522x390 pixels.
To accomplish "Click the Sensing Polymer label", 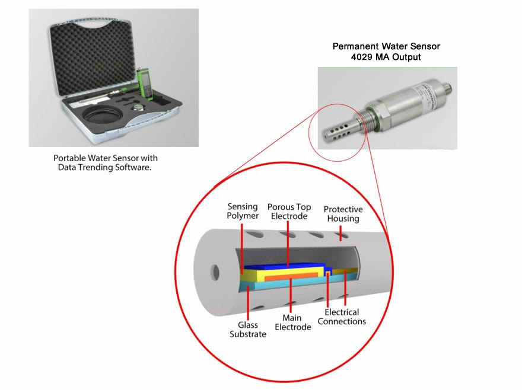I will [x=243, y=211].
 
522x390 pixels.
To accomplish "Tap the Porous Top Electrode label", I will [x=288, y=211].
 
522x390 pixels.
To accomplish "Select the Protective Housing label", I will [x=343, y=214].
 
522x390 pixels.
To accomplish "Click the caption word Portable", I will [x=69, y=159].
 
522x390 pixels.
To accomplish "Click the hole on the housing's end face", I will [x=215, y=273].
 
